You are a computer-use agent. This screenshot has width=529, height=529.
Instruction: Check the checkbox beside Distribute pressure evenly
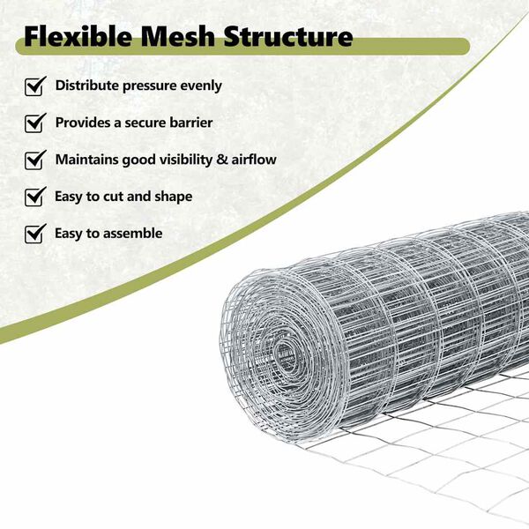tap(35, 86)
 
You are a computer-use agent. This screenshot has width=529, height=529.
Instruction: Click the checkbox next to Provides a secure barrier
tap(35, 123)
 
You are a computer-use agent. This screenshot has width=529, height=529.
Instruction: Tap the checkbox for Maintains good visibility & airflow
tap(35, 160)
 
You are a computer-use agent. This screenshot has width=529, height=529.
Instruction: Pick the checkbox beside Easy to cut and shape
tap(35, 197)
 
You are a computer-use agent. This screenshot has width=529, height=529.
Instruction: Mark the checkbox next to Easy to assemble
tap(35, 234)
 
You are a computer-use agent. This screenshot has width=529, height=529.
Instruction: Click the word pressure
tap(150, 86)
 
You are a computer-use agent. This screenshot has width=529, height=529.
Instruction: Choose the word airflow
tap(254, 160)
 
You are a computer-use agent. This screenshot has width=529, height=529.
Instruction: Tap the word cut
tap(110, 197)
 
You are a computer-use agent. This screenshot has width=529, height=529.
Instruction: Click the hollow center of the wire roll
tap(284, 357)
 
